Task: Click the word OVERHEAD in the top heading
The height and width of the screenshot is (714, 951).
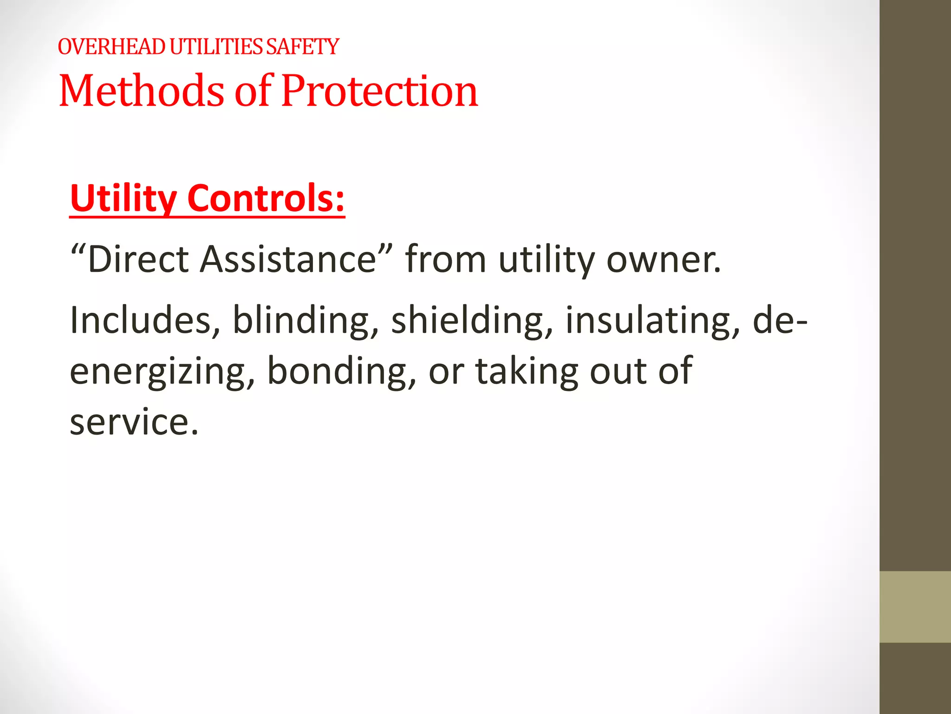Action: (x=111, y=47)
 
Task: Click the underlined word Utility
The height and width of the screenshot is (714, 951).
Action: (x=123, y=199)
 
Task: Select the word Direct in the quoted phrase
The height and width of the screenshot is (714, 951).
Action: (x=138, y=259)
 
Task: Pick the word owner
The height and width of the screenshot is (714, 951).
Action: (x=664, y=260)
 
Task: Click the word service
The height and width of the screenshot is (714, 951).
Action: (x=134, y=422)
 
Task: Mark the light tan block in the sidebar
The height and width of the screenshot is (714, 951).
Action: (x=915, y=607)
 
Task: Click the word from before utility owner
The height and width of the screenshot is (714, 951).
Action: (x=445, y=259)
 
